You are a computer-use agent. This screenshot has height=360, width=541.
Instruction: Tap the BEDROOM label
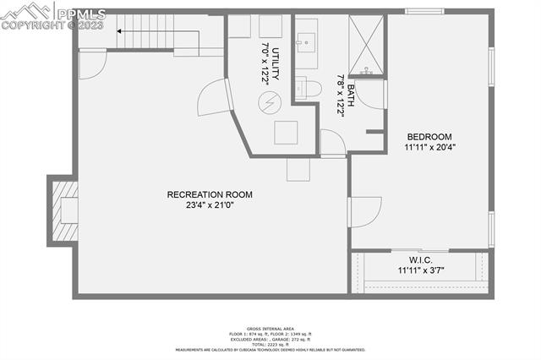[429, 137]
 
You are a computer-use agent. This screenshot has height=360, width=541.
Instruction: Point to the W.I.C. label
[421, 259]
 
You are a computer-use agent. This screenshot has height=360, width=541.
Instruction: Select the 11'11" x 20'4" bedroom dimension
[429, 148]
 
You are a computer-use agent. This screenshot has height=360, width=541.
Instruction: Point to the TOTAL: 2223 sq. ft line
[270, 343]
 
